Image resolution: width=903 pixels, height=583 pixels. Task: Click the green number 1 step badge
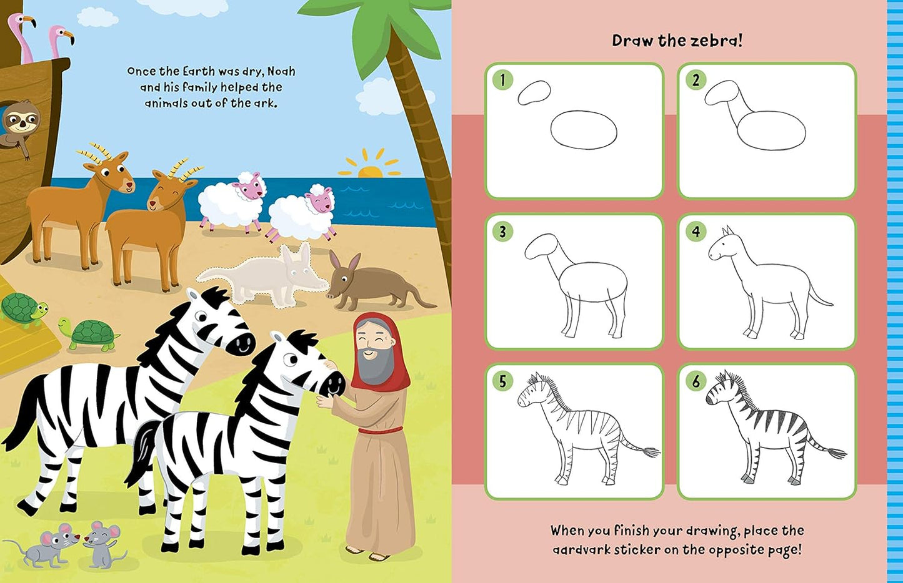pyautogui.click(x=502, y=80)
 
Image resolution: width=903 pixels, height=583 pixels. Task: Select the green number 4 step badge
pyautogui.click(x=696, y=232)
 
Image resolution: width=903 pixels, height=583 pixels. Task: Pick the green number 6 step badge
pyautogui.click(x=696, y=381)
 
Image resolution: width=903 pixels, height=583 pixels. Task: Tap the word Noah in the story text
pyautogui.click(x=281, y=72)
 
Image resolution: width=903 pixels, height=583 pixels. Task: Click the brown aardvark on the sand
pyautogui.click(x=375, y=282)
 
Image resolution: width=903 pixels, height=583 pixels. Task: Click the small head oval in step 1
pyautogui.click(x=534, y=92)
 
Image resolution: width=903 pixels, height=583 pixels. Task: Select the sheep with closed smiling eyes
pyautogui.click(x=302, y=212)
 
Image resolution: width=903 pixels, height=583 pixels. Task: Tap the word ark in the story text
pyautogui.click(x=267, y=103)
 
